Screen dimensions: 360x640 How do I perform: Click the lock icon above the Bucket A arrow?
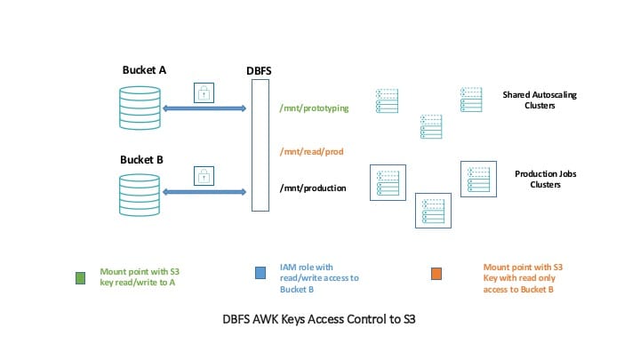click(204, 92)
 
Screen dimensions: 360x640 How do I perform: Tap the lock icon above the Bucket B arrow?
click(204, 174)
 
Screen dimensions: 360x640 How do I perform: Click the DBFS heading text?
click(260, 68)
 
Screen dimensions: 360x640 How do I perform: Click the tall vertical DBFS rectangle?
click(260, 145)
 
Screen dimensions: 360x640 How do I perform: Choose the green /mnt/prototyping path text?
click(314, 108)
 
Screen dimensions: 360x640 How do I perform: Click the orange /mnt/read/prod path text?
click(311, 152)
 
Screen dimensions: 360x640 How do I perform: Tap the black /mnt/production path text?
click(313, 188)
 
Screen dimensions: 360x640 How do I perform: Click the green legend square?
click(80, 276)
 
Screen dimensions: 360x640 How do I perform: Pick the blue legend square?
click(260, 272)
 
